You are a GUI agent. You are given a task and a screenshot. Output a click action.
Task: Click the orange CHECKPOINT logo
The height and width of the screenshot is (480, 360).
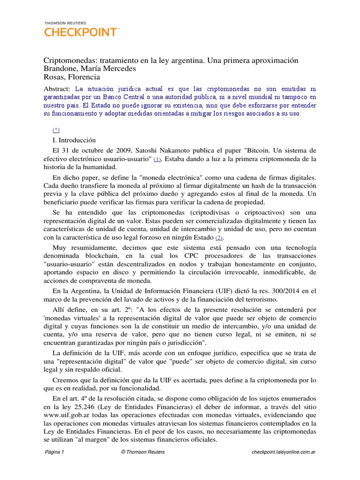(82, 32)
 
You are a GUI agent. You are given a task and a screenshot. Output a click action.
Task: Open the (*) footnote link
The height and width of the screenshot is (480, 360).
(56, 129)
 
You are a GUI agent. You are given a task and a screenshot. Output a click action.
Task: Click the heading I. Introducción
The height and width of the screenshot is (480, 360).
(74, 140)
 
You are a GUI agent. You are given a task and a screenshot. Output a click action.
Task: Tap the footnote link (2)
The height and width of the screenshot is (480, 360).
(219, 238)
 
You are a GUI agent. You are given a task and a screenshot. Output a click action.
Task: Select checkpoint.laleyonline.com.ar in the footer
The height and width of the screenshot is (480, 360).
(283, 465)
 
